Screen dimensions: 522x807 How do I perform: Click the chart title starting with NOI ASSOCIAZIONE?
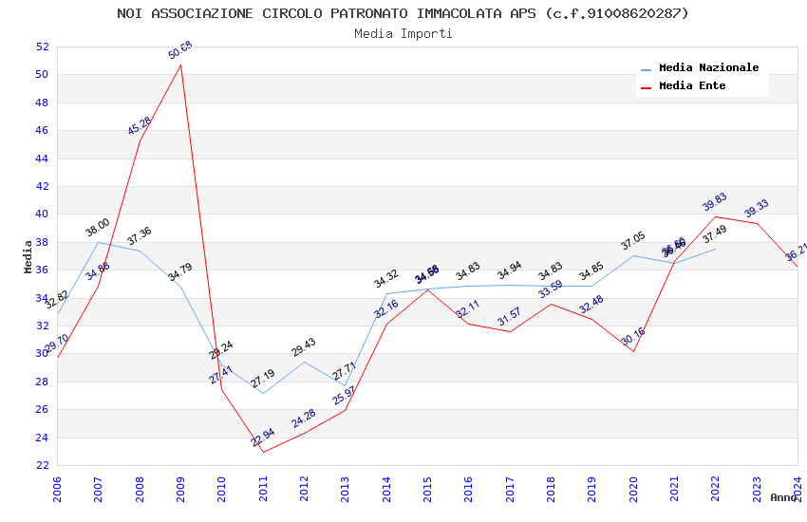point(403,13)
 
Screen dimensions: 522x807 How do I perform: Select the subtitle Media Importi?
point(403,33)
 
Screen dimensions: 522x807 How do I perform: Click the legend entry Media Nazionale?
point(708,68)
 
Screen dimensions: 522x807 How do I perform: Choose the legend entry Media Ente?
point(692,86)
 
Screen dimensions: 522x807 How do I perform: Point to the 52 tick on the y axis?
point(42,47)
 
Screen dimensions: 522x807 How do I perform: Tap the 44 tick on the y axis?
point(42,158)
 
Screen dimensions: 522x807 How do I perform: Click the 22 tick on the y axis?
point(42,465)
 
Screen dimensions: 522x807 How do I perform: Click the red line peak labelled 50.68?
point(180,65)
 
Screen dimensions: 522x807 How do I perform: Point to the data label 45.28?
point(140,126)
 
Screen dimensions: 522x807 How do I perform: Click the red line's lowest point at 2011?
point(263,452)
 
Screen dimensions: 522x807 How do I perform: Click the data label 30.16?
point(633,337)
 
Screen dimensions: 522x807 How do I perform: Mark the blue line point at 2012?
point(304,362)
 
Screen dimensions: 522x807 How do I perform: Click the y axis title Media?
point(28,256)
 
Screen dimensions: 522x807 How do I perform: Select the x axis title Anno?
point(783,497)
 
